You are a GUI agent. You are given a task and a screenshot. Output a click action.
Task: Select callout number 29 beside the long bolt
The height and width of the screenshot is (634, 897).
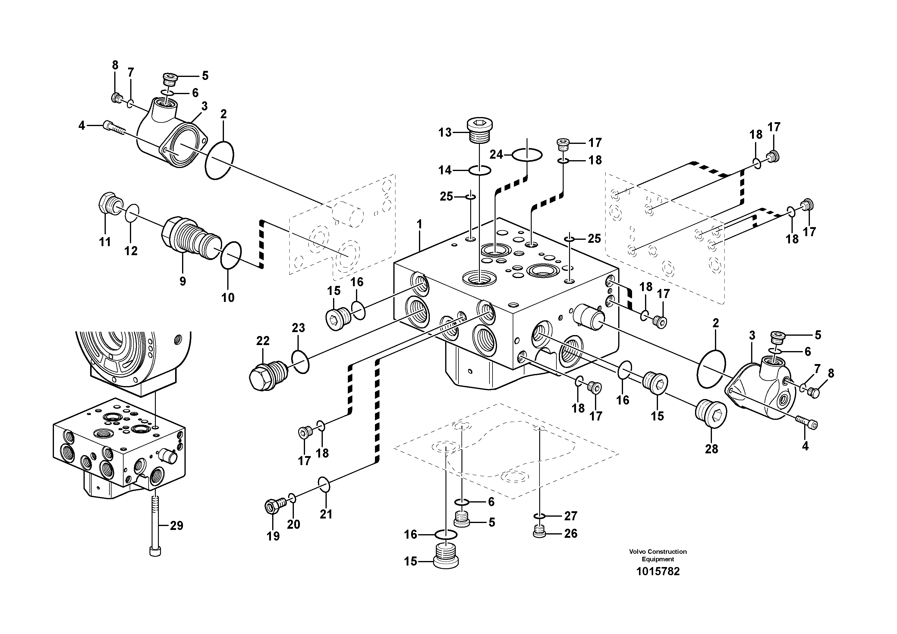tap(176, 526)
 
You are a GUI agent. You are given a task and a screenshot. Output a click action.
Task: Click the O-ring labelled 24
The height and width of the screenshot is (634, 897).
tap(527, 155)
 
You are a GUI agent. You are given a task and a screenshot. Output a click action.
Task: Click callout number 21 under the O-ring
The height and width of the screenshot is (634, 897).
tap(326, 514)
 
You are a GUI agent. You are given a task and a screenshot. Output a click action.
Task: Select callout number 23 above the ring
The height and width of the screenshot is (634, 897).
tap(298, 328)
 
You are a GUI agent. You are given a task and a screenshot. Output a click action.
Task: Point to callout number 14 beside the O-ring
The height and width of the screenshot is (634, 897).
tap(445, 170)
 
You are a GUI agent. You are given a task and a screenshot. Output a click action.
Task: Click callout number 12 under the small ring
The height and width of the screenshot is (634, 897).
tap(131, 251)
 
